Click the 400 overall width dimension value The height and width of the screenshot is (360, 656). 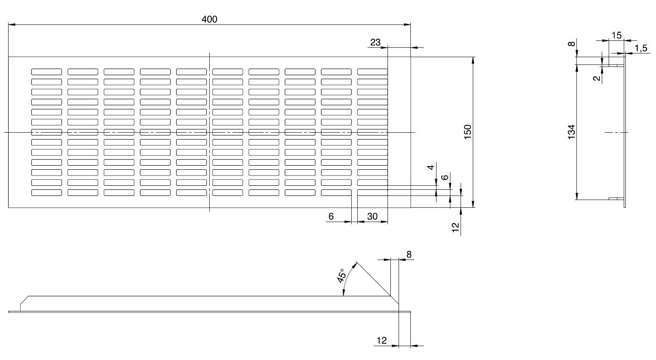click(210, 19)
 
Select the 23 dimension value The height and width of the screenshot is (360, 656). click(375, 42)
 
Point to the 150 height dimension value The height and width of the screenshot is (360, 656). click(468, 132)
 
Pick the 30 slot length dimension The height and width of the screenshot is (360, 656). click(372, 216)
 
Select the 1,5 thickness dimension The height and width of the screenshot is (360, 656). click(641, 49)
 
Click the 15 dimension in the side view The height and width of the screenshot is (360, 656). click(617, 36)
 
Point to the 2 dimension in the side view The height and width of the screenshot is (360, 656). click(598, 78)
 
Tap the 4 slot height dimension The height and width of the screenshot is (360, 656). click(431, 167)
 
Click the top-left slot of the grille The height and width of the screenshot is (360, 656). click(47, 72)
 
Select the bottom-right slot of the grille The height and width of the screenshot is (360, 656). click(372, 192)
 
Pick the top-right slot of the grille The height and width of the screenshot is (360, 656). click(372, 72)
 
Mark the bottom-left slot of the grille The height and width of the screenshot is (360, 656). click(47, 192)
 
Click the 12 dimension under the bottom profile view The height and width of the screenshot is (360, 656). click(381, 340)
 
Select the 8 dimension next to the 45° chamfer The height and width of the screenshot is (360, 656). click(409, 255)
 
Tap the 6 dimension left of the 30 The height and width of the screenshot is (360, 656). click(331, 216)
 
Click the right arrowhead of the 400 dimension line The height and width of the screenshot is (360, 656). click(408, 25)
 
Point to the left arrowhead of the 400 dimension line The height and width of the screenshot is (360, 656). click(11, 25)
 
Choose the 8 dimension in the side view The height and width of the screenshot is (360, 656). click(572, 44)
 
